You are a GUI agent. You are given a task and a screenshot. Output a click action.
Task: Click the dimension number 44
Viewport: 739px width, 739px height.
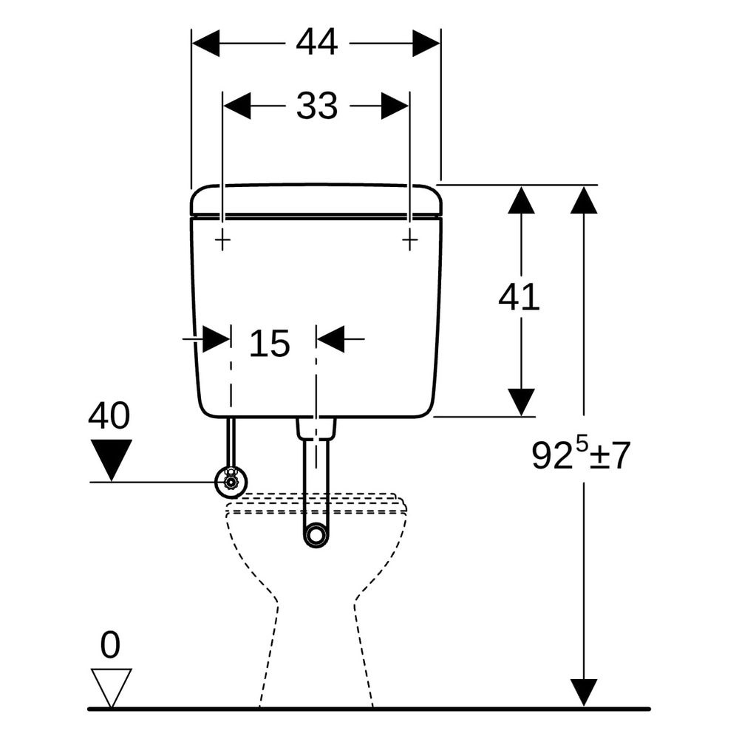tap(317, 42)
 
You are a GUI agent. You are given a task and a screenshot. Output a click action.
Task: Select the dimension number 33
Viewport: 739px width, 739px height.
tap(317, 106)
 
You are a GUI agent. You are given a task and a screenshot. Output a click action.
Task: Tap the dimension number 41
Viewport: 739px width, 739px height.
tap(519, 297)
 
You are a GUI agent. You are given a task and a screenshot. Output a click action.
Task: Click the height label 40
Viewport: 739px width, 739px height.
tap(109, 415)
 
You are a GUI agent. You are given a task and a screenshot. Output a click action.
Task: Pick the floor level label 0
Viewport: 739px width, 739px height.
tap(110, 645)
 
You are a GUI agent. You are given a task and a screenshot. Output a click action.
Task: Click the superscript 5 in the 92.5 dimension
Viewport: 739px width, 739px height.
tap(582, 444)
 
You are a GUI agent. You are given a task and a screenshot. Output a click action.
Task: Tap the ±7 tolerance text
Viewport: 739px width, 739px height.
tap(610, 456)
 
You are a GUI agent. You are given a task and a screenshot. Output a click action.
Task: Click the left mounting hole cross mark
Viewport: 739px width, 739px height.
tap(222, 242)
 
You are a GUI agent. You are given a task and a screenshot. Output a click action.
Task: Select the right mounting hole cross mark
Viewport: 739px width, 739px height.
tap(409, 242)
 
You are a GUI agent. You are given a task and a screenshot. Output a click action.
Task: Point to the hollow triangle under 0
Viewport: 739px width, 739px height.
tap(112, 687)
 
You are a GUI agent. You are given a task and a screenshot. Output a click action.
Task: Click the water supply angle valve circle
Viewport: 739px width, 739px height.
tap(231, 482)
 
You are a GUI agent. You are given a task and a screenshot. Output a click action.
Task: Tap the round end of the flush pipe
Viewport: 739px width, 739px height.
tap(316, 535)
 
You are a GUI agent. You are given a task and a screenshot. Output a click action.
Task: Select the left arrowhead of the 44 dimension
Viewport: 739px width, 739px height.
tap(206, 43)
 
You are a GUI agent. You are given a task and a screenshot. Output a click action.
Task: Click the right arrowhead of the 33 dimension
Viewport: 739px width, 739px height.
tap(395, 106)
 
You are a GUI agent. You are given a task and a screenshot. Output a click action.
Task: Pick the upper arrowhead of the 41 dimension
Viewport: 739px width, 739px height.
tap(521, 200)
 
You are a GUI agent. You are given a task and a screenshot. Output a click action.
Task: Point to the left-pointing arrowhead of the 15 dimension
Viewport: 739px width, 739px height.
tap(330, 338)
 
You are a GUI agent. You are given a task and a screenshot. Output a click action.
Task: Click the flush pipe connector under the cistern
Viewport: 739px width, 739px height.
tap(316, 427)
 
